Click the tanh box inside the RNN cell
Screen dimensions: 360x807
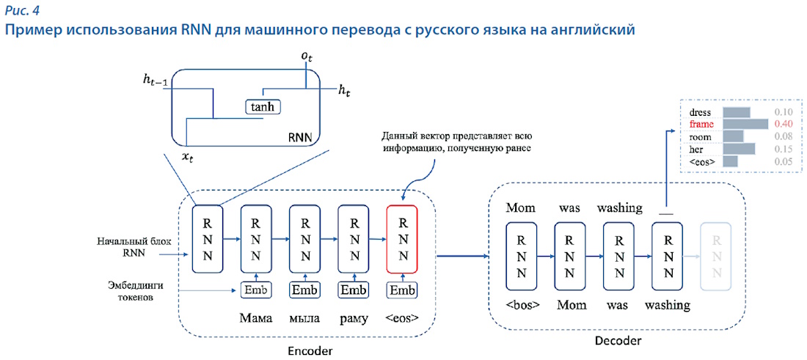(x=263, y=108)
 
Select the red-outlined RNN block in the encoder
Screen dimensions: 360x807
(x=402, y=238)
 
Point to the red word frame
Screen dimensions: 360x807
(x=701, y=125)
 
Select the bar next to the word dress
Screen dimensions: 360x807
(x=737, y=112)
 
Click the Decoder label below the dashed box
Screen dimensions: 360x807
(x=618, y=341)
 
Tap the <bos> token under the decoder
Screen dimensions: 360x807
(x=522, y=304)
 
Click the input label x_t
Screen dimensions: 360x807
(x=188, y=157)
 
